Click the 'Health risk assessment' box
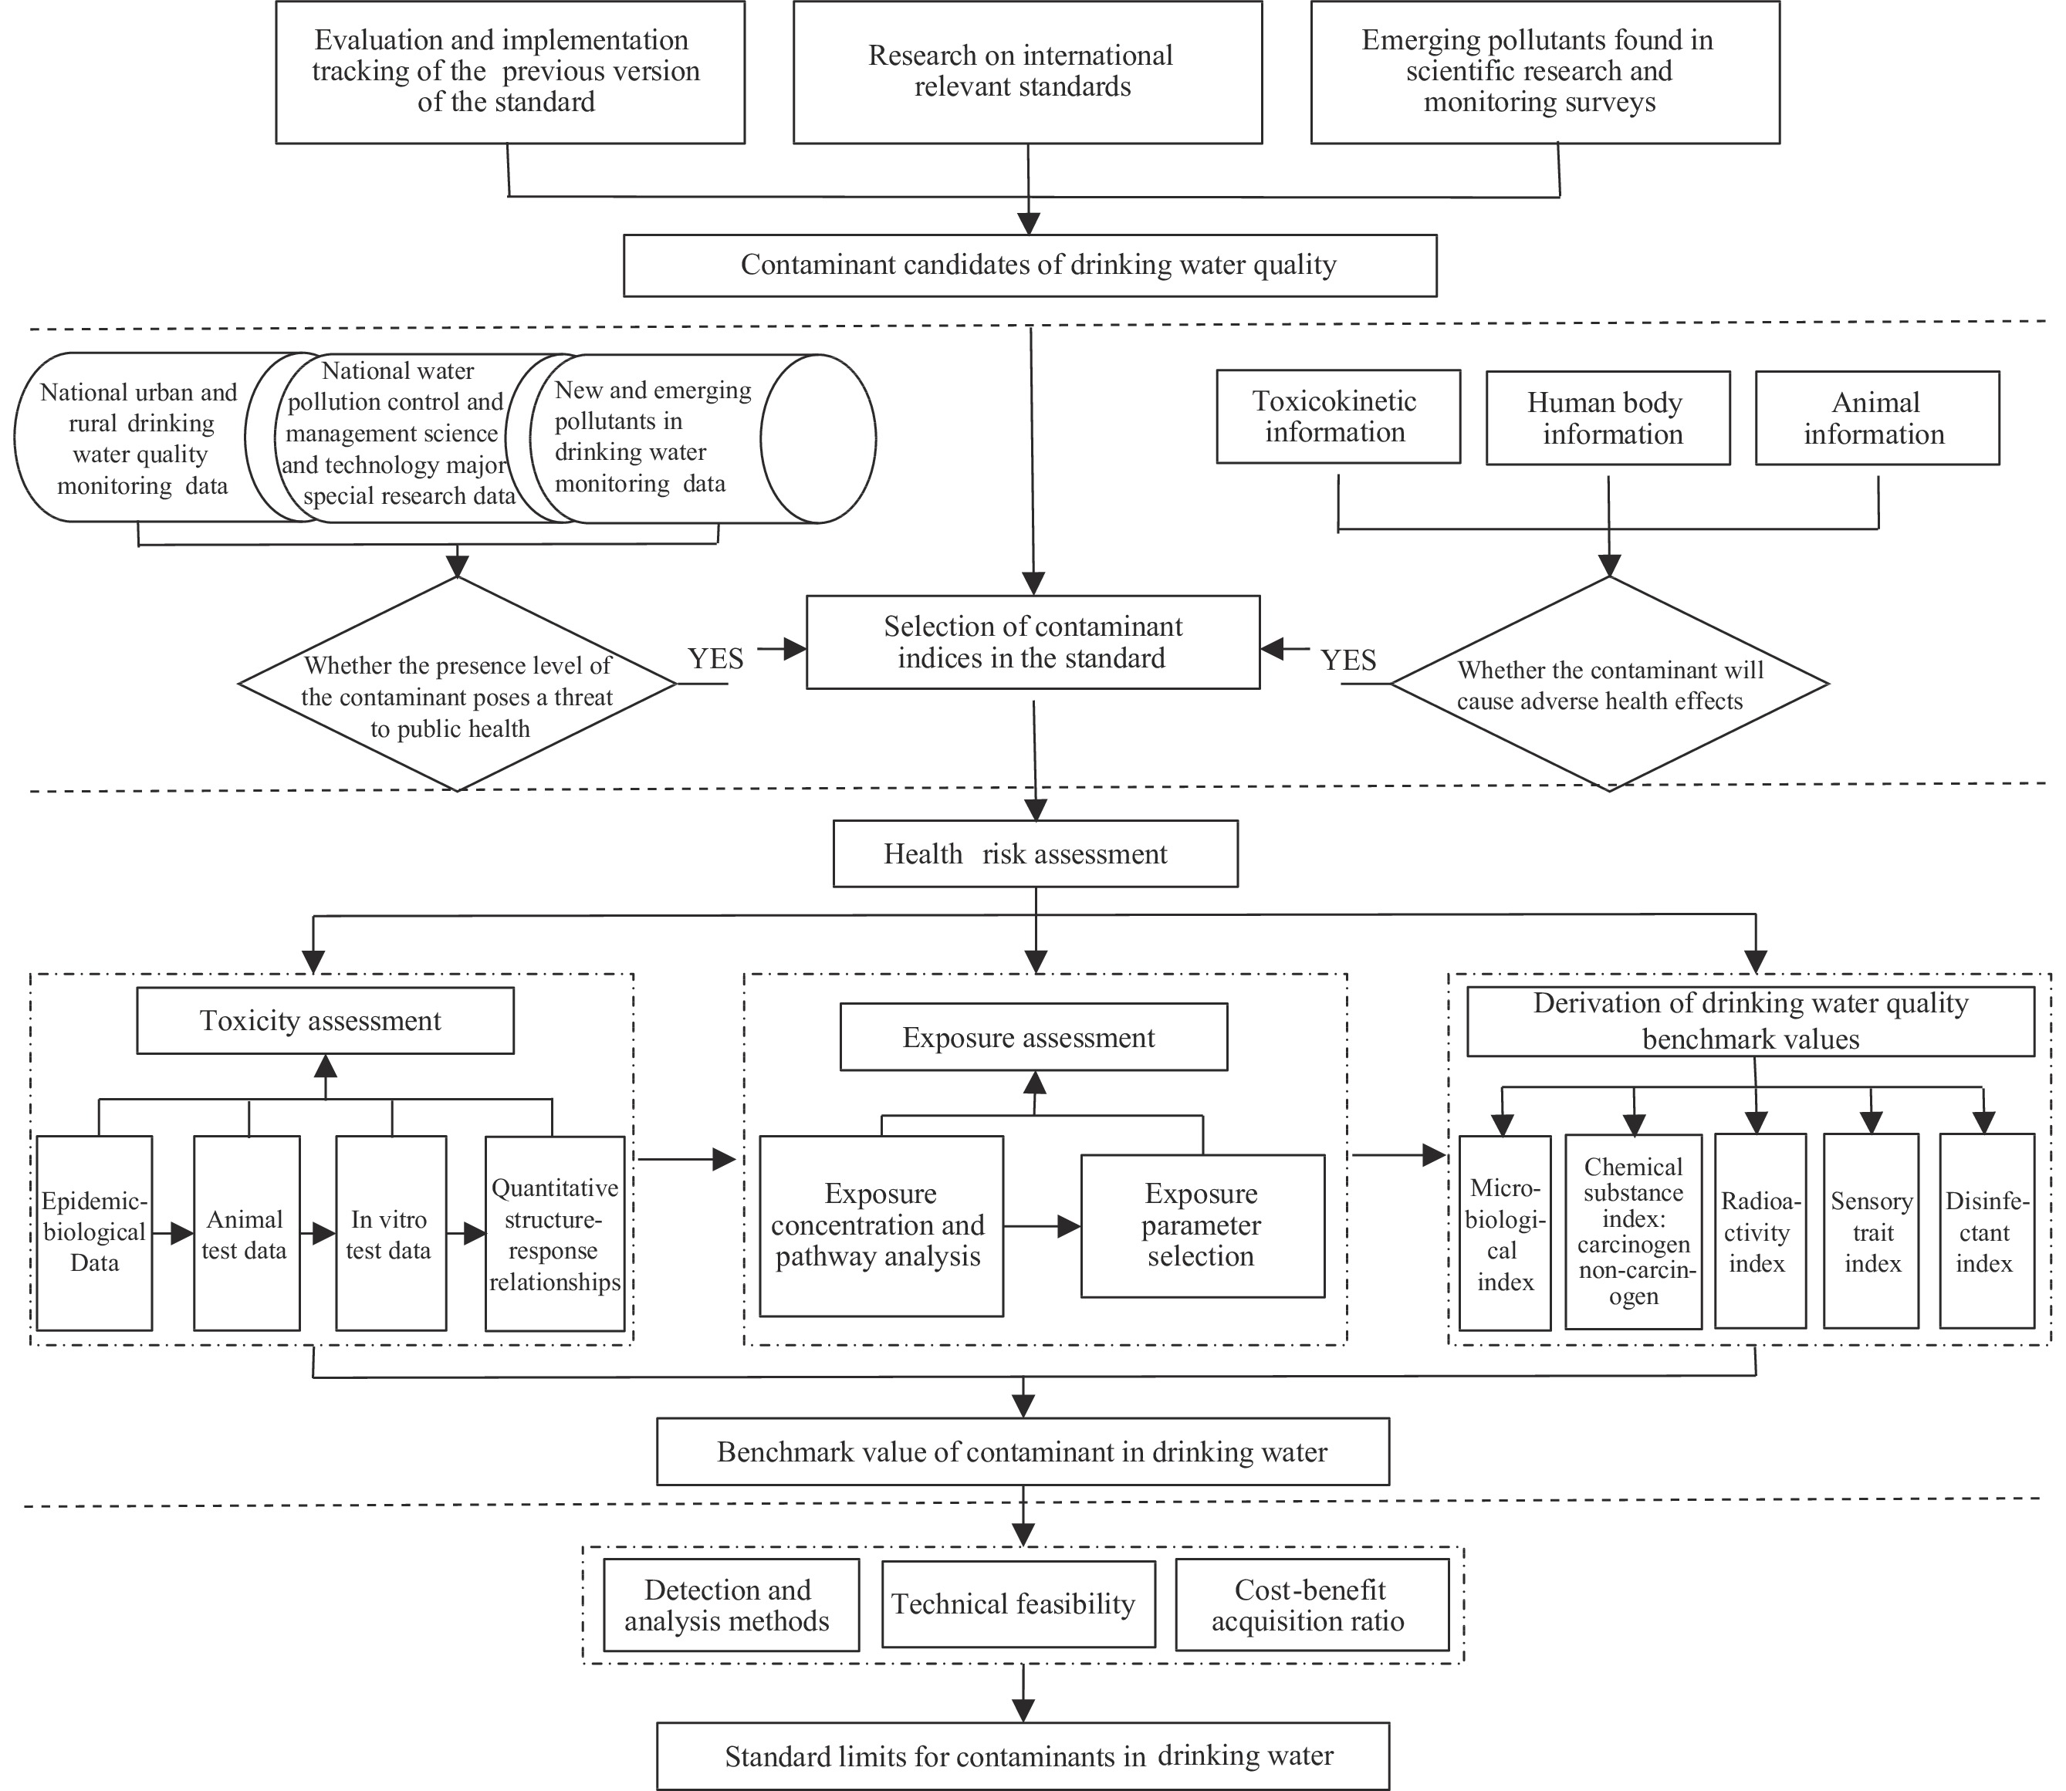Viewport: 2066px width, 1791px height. (x=1036, y=853)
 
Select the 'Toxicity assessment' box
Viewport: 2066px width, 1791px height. (x=325, y=1020)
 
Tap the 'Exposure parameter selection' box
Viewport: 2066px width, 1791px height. (x=1202, y=1225)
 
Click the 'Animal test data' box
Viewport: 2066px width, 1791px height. (x=247, y=1232)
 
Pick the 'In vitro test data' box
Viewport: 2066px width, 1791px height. (x=391, y=1232)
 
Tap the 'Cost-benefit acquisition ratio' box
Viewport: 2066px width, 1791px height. (x=1312, y=1604)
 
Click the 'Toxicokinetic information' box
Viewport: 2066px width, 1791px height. (x=1338, y=417)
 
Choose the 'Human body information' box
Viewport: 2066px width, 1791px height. (x=1608, y=417)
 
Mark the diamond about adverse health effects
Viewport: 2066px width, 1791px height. (x=1609, y=684)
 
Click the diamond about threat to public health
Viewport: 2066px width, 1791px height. (x=457, y=684)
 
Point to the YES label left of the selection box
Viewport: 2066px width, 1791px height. (x=715, y=659)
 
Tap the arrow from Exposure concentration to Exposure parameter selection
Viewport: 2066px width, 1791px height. (x=1043, y=1225)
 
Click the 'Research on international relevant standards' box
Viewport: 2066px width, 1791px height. (x=1027, y=72)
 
